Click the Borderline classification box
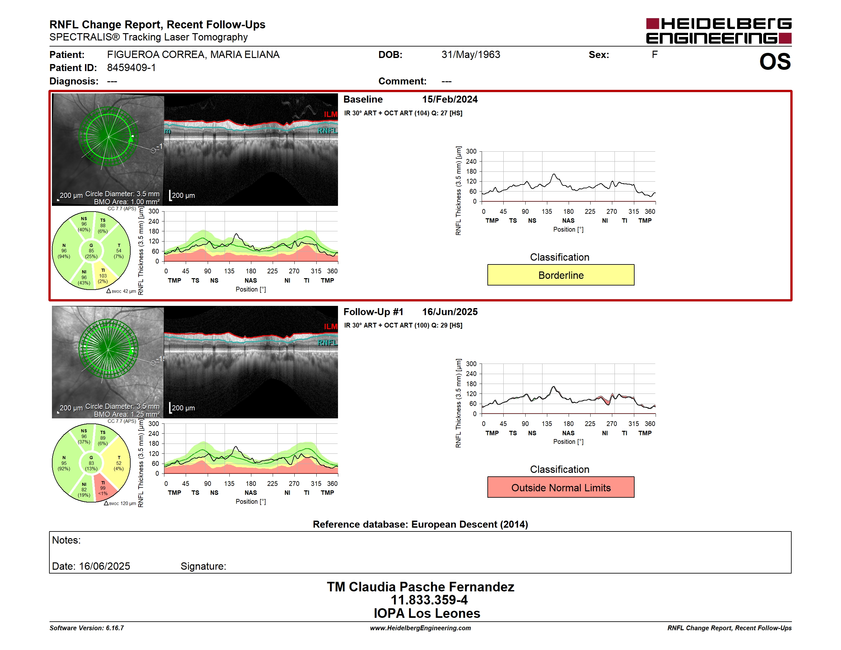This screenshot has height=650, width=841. tap(561, 275)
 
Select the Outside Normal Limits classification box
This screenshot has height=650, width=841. tap(561, 487)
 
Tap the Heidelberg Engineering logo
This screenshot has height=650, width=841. tap(719, 31)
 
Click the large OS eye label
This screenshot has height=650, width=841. tap(775, 61)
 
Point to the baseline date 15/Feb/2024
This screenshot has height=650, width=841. tap(450, 99)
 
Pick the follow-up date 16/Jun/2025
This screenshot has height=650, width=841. tap(450, 312)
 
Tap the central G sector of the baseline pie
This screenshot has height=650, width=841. tap(91, 251)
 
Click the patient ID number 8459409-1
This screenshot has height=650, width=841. tap(131, 68)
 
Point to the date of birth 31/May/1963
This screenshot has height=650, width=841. tap(471, 55)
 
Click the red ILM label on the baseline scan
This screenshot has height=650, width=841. tap(330, 114)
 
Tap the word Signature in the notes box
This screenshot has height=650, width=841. tap(203, 566)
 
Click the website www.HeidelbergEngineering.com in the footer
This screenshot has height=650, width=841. tap(420, 628)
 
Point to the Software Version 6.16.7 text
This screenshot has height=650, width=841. tap(87, 628)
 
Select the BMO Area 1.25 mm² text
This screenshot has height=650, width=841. tap(127, 414)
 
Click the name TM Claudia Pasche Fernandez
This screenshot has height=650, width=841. tap(420, 587)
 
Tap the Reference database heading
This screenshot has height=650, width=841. tap(420, 524)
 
